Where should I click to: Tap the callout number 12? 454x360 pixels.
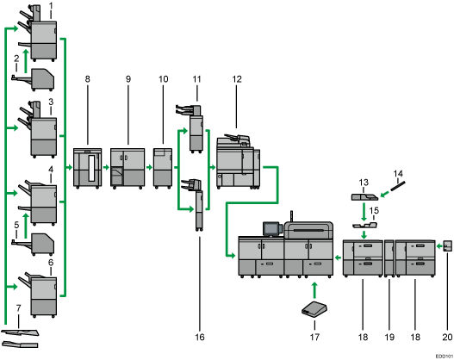236,80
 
